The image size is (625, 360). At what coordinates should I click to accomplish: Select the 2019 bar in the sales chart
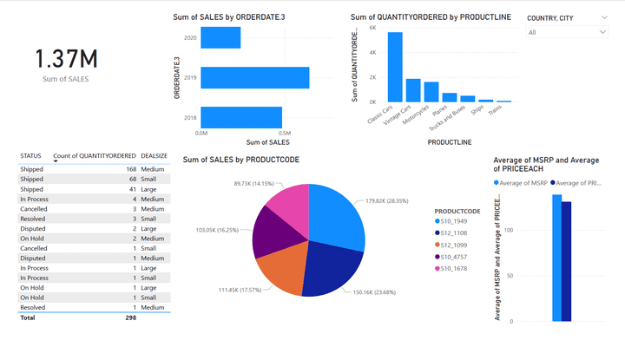click(x=255, y=77)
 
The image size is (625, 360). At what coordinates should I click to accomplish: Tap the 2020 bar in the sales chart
click(x=220, y=38)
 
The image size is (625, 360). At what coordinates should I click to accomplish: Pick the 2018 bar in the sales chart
click(x=241, y=117)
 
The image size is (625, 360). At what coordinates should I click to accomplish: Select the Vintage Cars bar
click(x=413, y=90)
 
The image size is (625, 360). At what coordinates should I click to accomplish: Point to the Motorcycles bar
click(x=431, y=92)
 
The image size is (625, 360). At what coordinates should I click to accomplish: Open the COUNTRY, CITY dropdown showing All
click(x=568, y=32)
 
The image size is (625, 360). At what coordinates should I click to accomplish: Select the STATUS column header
click(x=30, y=156)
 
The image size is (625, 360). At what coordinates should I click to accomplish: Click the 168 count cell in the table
click(x=131, y=169)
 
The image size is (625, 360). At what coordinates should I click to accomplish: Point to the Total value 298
click(x=130, y=318)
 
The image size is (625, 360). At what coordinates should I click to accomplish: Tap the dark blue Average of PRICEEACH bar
click(x=566, y=261)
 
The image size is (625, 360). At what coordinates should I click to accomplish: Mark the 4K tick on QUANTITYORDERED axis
click(x=372, y=52)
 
